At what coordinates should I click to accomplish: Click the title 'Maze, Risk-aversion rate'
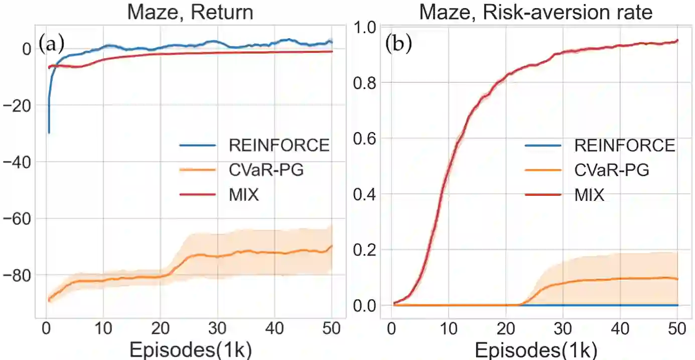pos(535,12)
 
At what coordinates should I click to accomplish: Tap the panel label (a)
pos(52,45)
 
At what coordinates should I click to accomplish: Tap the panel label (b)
pos(398,45)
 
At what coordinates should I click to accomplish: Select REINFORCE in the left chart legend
pos(279,146)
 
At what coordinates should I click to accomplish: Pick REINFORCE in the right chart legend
pos(624,146)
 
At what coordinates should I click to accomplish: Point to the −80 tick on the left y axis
pos(17,275)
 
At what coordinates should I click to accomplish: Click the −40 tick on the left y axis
pos(17,162)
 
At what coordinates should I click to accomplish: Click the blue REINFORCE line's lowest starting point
pos(49,133)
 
